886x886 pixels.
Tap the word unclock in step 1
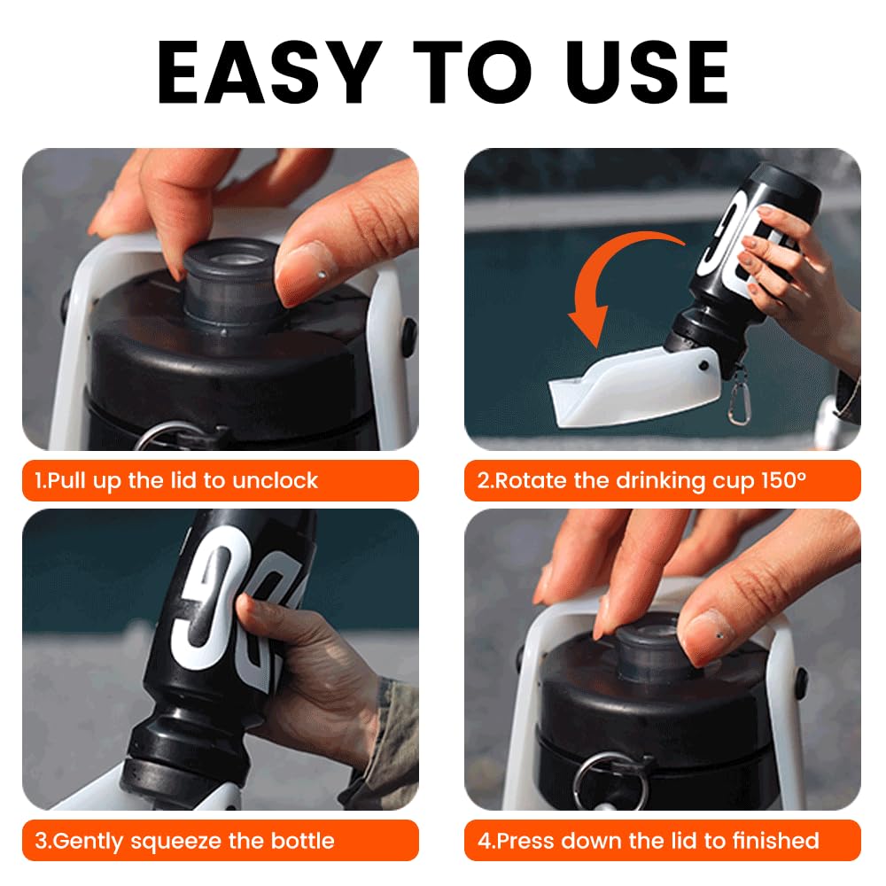pos(275,481)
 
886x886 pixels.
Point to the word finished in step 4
pos(767,840)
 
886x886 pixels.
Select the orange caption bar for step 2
pos(662,481)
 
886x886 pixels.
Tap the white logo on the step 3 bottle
pos(221,602)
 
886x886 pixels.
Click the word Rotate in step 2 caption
pos(531,481)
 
